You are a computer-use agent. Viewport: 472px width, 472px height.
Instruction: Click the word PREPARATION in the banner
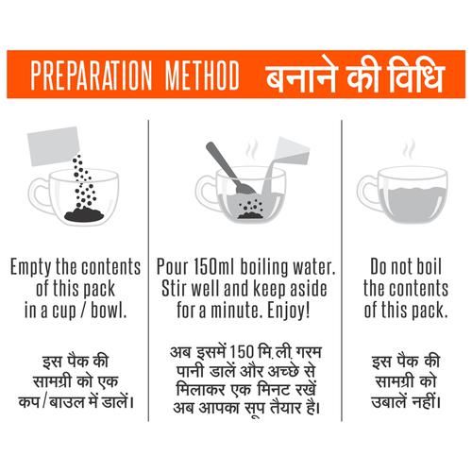tap(92, 76)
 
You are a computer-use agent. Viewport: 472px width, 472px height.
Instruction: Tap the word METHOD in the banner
tap(202, 76)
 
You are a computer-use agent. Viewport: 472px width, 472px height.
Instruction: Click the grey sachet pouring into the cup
tap(54, 145)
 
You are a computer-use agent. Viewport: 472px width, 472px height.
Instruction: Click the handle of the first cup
tap(38, 195)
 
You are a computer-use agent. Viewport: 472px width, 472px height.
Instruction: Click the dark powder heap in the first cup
tap(84, 214)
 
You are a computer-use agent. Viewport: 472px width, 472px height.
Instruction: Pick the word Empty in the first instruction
tap(31, 267)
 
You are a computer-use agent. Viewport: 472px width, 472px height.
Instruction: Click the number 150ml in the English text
tap(213, 266)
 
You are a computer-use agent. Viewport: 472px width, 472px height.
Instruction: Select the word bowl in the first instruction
tap(109, 311)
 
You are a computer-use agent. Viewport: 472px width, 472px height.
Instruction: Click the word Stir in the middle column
tap(175, 288)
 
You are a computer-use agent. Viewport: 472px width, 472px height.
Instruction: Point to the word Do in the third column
tap(379, 266)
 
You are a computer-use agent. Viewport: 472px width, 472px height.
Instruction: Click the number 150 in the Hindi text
tap(242, 352)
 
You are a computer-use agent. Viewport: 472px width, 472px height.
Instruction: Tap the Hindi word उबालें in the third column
tap(389, 402)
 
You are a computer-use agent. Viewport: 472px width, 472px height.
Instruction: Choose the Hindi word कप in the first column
tap(28, 402)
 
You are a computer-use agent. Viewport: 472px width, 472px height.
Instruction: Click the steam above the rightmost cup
tap(409, 148)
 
